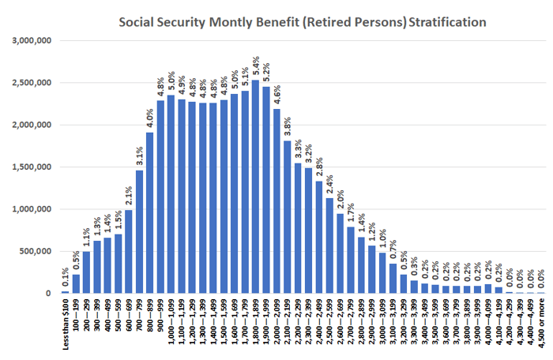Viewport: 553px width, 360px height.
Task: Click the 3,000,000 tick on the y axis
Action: pos(31,40)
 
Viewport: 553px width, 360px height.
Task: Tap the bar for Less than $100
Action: pos(66,292)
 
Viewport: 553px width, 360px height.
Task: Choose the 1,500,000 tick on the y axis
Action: pos(31,167)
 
